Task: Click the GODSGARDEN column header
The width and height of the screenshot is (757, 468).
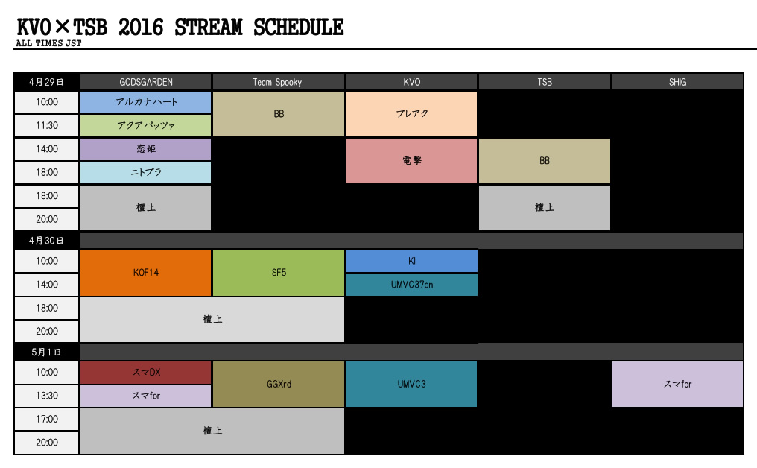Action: (x=146, y=82)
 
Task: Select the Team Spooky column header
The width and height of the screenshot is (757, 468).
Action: (x=279, y=82)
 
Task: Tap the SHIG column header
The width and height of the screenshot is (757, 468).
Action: (x=677, y=82)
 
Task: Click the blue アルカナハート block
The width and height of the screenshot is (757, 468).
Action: (x=146, y=102)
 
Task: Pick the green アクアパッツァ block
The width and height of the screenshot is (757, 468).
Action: (x=146, y=126)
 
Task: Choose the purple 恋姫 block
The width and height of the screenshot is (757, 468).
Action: (x=146, y=149)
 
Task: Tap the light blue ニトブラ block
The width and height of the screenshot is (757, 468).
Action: (x=146, y=172)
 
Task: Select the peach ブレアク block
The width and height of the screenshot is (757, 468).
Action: (x=411, y=114)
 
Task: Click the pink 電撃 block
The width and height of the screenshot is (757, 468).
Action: (x=411, y=161)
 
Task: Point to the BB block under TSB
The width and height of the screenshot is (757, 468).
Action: (x=545, y=161)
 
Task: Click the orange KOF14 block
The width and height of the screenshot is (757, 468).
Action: (x=146, y=273)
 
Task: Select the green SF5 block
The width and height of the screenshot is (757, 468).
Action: (x=279, y=273)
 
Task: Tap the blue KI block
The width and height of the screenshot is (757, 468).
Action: (x=411, y=262)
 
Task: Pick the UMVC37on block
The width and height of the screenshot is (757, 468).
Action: (x=411, y=285)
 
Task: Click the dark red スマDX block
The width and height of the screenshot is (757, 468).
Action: (x=146, y=373)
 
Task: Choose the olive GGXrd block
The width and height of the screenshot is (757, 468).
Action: (x=279, y=385)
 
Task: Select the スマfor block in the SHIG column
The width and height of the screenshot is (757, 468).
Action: (x=677, y=385)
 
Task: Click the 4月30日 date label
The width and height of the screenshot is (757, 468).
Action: (x=46, y=241)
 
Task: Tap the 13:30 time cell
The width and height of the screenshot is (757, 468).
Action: (x=46, y=396)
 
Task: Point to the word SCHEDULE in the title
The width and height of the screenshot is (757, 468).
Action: (x=298, y=28)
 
